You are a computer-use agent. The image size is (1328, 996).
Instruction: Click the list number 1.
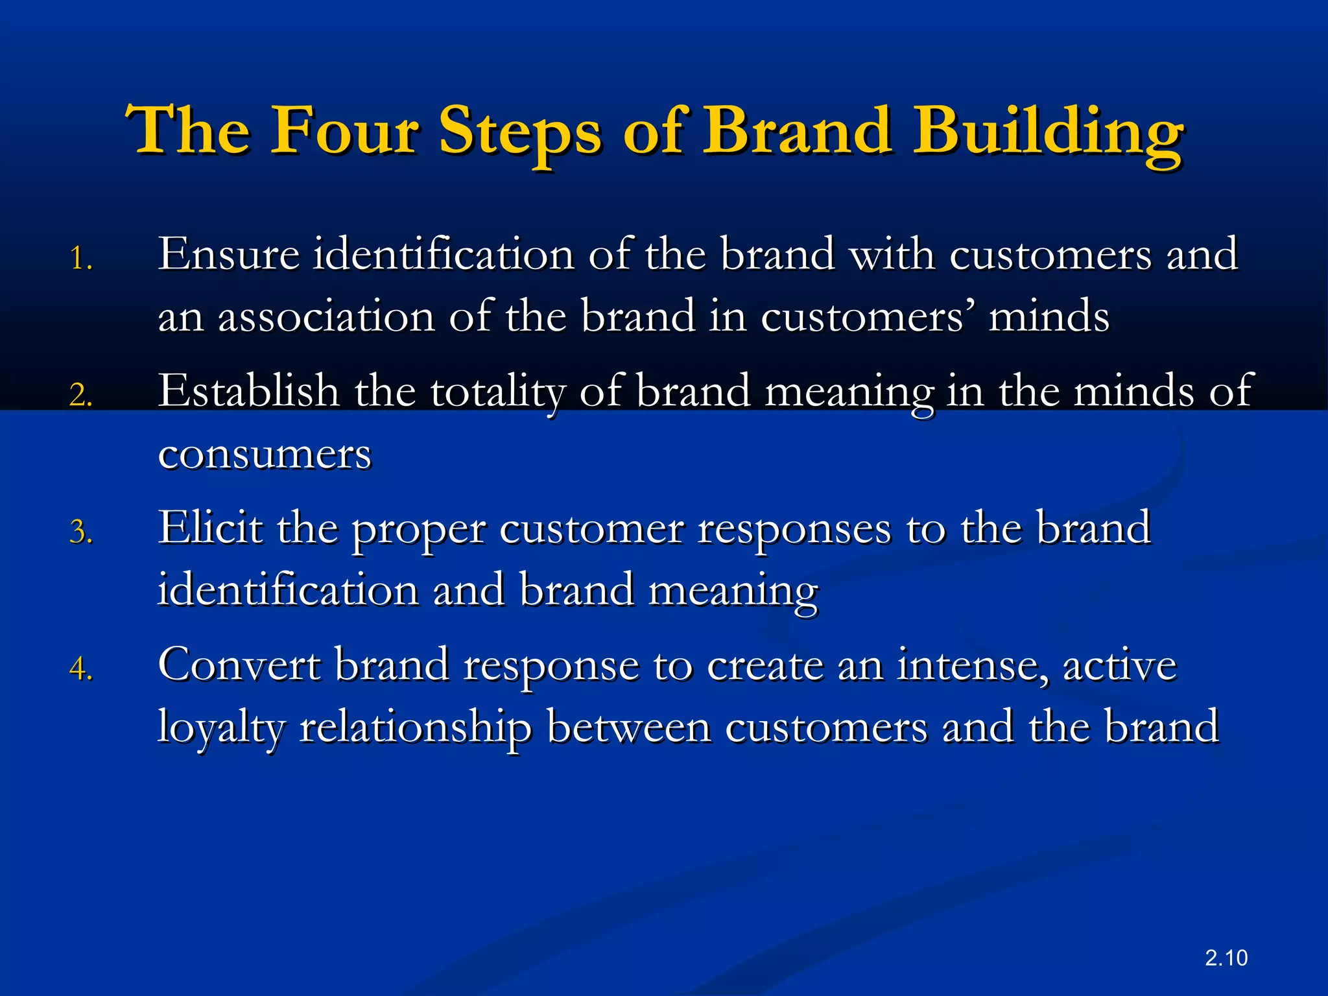80,259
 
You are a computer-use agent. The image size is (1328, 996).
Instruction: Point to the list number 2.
80,395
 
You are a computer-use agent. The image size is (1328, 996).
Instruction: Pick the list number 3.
80,532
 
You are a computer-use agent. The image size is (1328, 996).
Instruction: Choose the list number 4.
80,669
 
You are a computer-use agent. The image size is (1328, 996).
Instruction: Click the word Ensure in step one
228,254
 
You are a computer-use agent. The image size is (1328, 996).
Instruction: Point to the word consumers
265,454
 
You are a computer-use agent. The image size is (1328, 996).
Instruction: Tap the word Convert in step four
239,665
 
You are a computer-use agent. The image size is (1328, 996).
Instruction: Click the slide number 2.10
1226,958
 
